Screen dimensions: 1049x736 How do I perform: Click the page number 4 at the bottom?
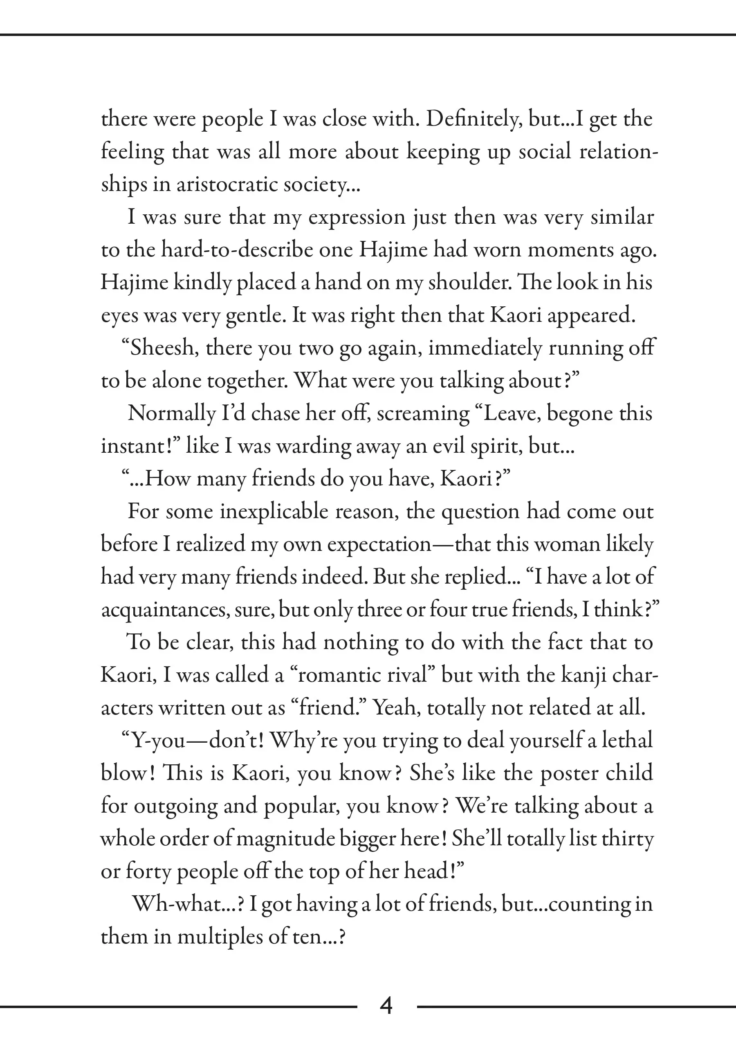(386, 1006)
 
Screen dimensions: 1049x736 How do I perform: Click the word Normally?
(171, 414)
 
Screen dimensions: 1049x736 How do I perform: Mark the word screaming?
(423, 414)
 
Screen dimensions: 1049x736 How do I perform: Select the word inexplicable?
(274, 512)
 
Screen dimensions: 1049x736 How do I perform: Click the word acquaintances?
(165, 610)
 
